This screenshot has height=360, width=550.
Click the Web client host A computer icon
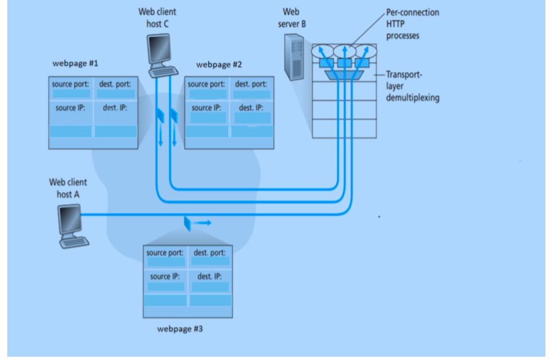[71, 225]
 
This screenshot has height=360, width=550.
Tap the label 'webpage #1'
[75, 64]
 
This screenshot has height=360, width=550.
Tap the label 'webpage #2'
[219, 65]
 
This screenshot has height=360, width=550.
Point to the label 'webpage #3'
[180, 328]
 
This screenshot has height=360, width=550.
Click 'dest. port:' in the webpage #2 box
[251, 84]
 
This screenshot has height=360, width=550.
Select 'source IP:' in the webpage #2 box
[206, 108]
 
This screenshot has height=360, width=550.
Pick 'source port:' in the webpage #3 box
[165, 253]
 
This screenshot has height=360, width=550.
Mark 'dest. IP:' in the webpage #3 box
[209, 276]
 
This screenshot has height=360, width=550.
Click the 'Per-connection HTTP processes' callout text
[412, 24]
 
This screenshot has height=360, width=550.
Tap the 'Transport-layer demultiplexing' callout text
[413, 87]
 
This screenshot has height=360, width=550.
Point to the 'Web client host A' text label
[67, 188]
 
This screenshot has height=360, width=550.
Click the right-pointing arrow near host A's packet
[203, 223]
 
